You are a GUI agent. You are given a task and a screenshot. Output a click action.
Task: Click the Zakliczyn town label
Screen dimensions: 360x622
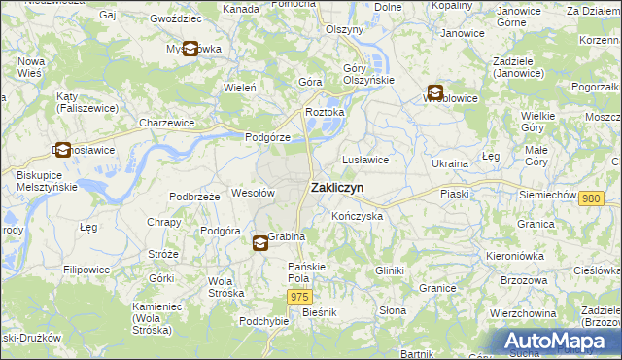pos(337,189)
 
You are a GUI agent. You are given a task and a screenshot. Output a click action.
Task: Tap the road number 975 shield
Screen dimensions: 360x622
pos(300,296)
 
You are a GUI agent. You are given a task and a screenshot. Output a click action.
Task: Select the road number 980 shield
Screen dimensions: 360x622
pos(590,198)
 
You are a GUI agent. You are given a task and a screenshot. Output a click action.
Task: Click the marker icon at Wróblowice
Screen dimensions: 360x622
pos(434,93)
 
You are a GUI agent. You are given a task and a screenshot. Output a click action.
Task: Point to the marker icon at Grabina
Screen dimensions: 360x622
pos(260,244)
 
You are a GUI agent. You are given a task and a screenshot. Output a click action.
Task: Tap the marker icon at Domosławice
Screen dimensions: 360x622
pos(63,151)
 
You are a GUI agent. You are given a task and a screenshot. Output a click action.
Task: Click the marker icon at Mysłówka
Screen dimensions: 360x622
pos(190,49)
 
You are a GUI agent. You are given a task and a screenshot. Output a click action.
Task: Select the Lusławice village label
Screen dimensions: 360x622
pos(365,160)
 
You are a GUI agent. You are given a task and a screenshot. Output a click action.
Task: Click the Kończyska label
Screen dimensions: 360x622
pos(357,216)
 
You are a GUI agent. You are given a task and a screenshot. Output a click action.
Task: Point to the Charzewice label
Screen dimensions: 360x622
pos(166,124)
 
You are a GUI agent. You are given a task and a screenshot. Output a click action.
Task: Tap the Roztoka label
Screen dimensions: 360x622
pos(325,112)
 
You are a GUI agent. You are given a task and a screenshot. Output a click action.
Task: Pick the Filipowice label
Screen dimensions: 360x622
pos(86,269)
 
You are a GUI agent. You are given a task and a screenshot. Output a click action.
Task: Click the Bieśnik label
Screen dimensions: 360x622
pos(319,312)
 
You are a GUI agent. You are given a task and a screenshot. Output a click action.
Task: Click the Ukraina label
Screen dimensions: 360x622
pos(450,163)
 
